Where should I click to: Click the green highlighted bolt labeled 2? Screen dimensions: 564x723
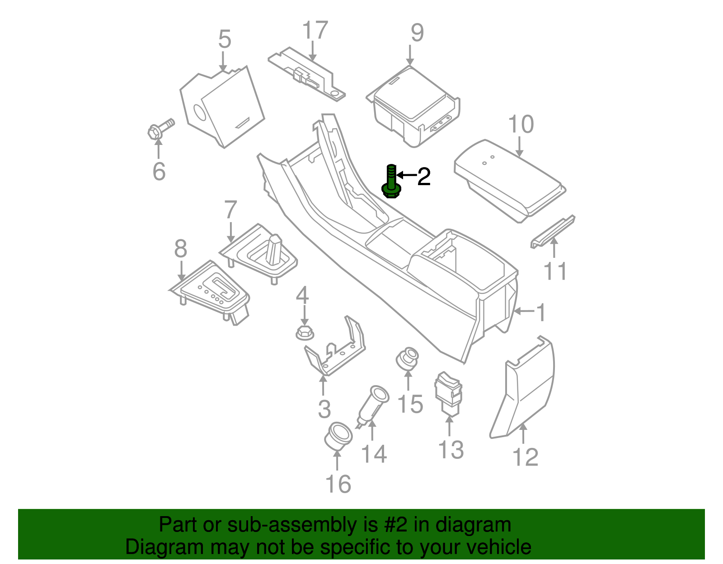[391, 183]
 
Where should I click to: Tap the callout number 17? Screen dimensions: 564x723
[315, 30]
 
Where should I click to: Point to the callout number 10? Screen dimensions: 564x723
[521, 124]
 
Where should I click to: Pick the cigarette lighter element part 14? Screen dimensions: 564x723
[373, 404]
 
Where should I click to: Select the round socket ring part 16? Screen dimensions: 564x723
[338, 436]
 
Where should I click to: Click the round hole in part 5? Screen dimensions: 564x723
[199, 113]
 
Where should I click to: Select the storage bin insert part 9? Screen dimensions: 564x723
[413, 106]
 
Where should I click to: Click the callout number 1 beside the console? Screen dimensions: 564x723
[540, 312]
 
